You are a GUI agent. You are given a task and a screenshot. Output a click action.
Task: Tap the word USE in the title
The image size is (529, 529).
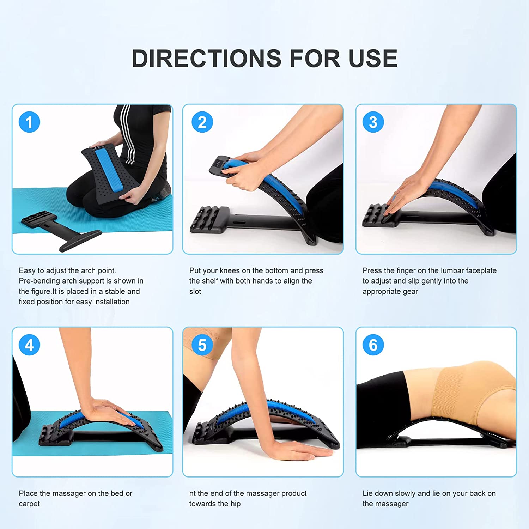click(x=373, y=58)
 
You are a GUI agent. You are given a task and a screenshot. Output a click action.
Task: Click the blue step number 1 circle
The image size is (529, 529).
click(x=29, y=122)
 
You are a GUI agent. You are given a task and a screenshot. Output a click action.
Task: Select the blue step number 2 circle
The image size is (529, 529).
click(x=202, y=122)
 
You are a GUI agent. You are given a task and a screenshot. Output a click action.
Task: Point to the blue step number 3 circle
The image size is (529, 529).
click(x=373, y=122)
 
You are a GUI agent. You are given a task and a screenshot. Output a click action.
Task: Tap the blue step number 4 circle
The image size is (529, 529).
click(x=29, y=345)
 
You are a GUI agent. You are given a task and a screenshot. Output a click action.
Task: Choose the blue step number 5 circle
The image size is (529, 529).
click(x=202, y=345)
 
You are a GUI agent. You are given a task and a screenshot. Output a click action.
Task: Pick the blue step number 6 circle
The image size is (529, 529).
click(x=373, y=345)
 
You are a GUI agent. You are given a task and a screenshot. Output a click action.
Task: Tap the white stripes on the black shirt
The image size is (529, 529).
click(x=127, y=134)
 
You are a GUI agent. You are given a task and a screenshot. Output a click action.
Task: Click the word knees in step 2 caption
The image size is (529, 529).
click(x=230, y=270)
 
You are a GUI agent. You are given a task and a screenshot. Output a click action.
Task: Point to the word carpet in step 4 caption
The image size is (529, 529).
click(x=29, y=504)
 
